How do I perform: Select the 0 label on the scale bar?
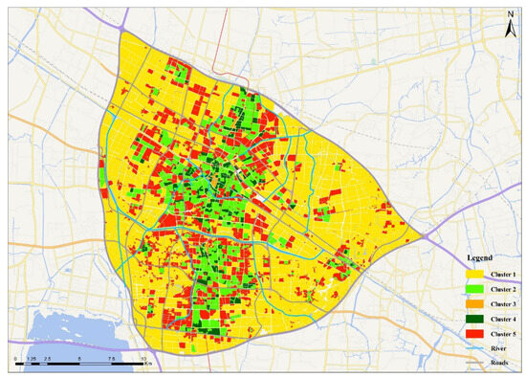click(x=16, y=358)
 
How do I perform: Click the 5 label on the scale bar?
click(x=79, y=358)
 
